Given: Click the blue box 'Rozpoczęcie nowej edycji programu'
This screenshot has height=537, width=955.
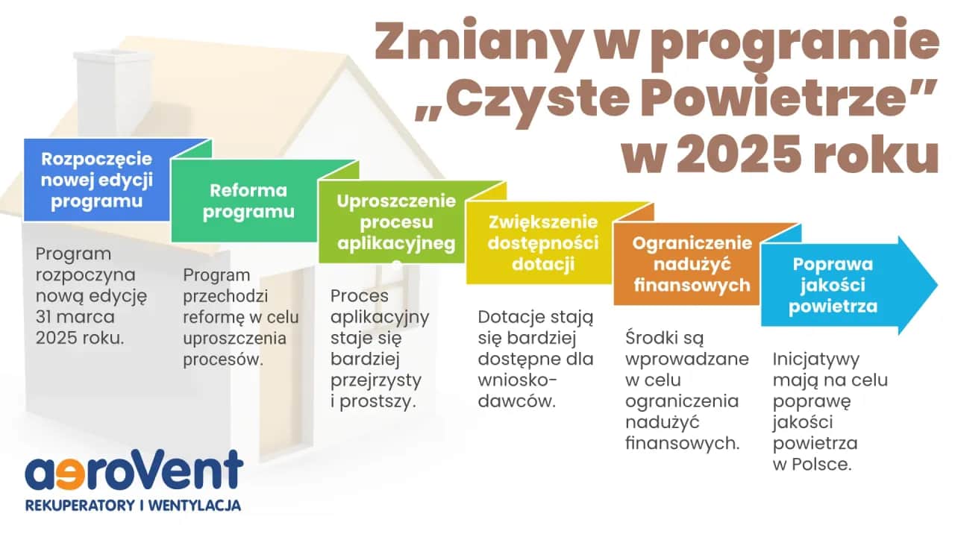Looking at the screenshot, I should (x=97, y=180).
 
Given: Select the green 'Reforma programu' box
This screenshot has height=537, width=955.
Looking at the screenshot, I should (x=248, y=201).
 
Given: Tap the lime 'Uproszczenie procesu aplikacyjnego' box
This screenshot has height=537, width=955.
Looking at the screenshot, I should (x=395, y=222).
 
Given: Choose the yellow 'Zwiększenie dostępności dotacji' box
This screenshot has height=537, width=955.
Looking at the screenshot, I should (x=543, y=243).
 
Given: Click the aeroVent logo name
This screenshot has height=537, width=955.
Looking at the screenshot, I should (x=134, y=471).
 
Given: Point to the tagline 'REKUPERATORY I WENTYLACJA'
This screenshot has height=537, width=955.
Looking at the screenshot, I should (x=134, y=506).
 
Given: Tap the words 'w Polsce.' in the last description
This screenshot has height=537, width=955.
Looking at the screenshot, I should (x=812, y=463).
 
